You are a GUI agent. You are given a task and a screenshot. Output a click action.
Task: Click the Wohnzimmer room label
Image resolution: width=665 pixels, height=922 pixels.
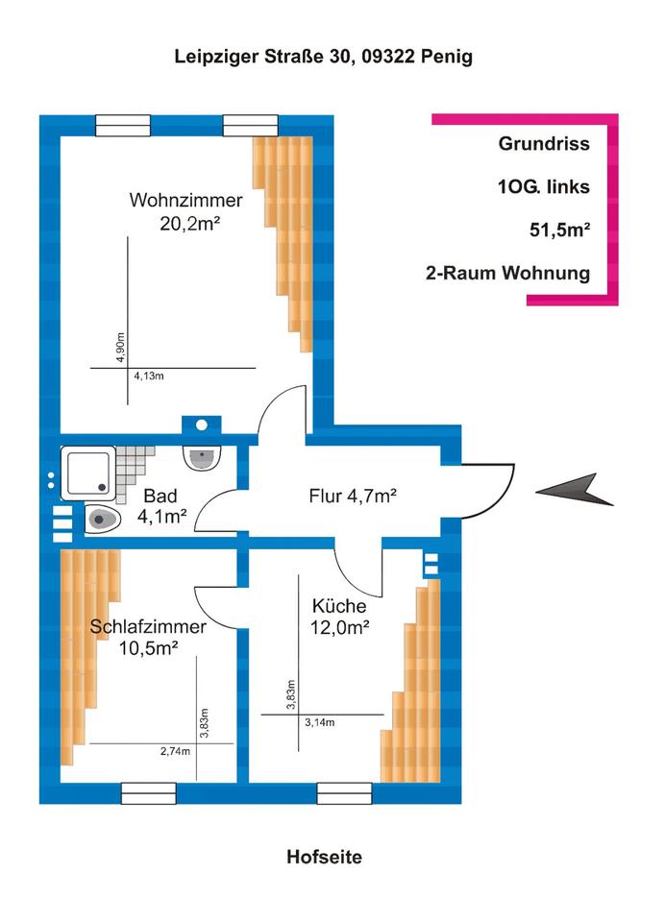186,202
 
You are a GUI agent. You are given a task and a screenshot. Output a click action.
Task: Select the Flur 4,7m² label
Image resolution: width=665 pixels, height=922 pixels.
353,497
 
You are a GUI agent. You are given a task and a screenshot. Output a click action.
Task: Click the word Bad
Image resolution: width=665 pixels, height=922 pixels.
159,497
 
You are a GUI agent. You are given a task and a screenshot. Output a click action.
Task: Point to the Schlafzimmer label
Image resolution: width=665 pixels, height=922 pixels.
148,627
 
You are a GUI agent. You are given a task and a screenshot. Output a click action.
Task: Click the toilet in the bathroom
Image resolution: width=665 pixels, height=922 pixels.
103,520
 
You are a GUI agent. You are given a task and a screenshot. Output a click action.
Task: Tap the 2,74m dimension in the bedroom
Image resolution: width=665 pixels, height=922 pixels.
176,751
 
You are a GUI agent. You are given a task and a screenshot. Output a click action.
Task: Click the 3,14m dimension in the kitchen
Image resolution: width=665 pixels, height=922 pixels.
320,722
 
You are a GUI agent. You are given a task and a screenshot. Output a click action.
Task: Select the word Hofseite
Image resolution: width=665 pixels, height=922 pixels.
325,857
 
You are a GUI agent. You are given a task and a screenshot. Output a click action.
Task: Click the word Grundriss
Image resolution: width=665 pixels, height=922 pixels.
544,144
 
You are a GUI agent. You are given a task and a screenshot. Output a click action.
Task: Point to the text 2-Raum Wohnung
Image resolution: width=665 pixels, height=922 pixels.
507,273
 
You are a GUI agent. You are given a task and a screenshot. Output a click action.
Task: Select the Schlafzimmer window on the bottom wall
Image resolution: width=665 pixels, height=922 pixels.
149,792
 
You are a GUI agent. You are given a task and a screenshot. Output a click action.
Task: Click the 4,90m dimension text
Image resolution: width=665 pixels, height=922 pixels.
121,348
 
